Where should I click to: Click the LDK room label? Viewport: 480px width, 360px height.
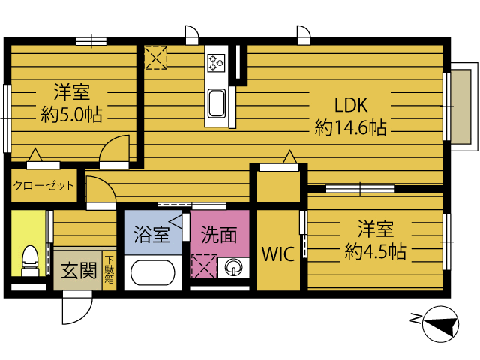tap(351, 105)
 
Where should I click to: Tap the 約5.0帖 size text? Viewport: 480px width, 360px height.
tap(72, 115)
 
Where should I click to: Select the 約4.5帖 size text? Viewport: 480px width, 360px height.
tap(376, 251)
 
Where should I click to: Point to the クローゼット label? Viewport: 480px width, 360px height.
tap(43, 185)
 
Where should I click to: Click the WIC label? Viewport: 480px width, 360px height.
tap(278, 253)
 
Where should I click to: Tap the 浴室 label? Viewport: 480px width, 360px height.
tap(151, 235)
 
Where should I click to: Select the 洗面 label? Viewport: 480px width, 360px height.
tap(219, 235)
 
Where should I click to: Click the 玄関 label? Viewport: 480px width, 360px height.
tap(79, 271)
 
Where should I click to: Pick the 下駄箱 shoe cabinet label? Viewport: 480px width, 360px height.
tap(109, 269)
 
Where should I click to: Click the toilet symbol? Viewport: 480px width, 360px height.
tap(30, 260)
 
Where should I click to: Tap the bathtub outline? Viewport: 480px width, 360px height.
tap(153, 272)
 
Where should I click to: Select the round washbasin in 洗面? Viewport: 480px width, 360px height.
tap(233, 268)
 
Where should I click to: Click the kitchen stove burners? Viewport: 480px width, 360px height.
tap(217, 63)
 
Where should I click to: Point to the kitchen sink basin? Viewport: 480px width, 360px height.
tap(217, 103)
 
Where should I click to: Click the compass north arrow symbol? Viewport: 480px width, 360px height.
tap(440, 324)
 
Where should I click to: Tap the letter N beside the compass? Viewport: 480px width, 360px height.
tap(415, 319)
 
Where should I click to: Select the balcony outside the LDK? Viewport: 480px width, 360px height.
tap(463, 106)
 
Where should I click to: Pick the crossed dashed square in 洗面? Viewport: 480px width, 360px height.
tap(203, 266)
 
